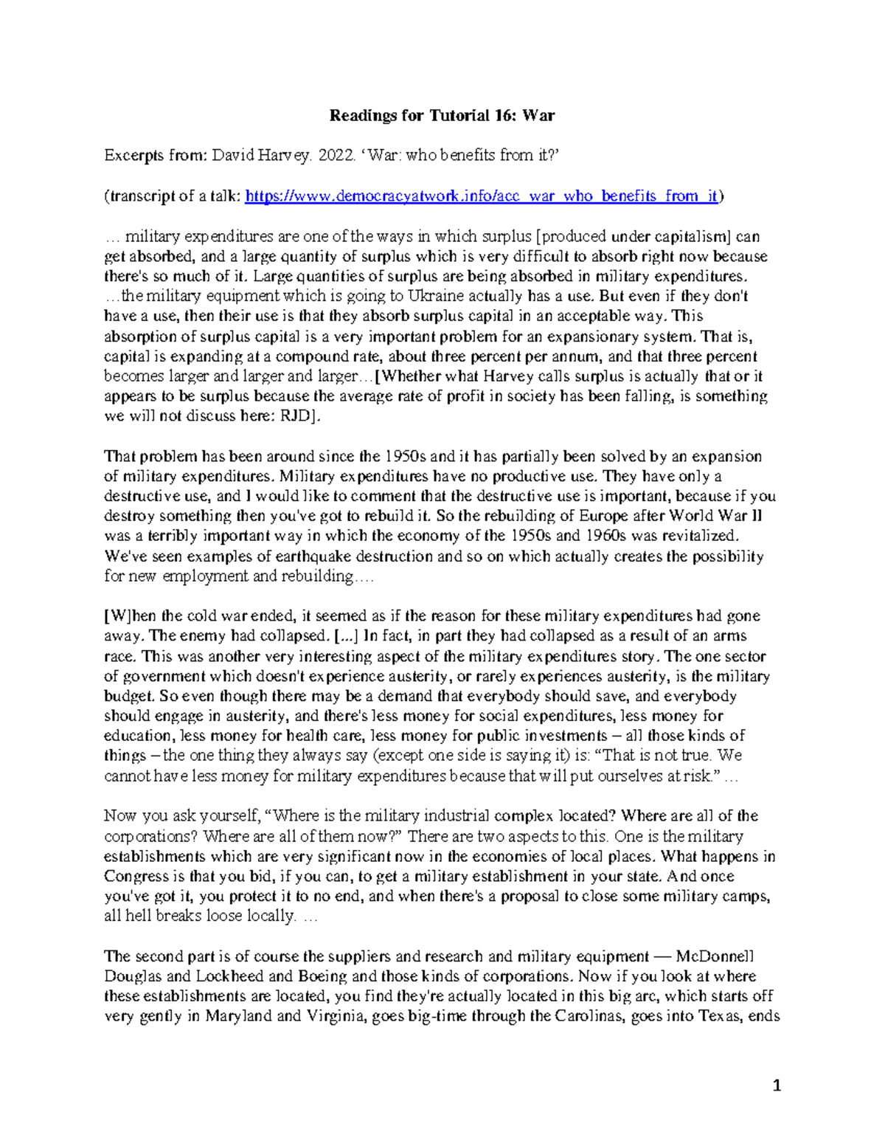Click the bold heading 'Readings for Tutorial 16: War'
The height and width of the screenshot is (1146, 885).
point(442,115)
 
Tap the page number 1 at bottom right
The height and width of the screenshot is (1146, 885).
point(776,1085)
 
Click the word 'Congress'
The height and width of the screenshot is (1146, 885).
point(136,876)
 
